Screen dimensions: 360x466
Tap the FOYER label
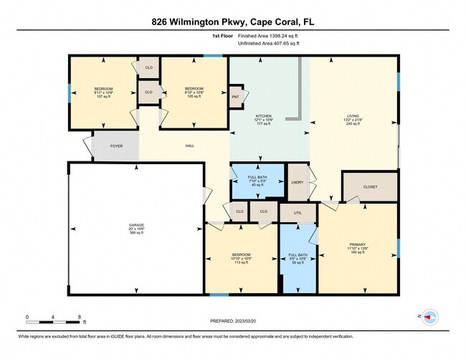point(116,146)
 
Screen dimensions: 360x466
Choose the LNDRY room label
point(298,182)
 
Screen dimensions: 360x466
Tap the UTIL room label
point(298,214)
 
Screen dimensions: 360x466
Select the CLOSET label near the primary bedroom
point(370,186)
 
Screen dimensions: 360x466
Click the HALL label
point(190,146)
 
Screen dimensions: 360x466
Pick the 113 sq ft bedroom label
point(241,255)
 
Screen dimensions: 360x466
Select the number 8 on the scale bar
point(80,317)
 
